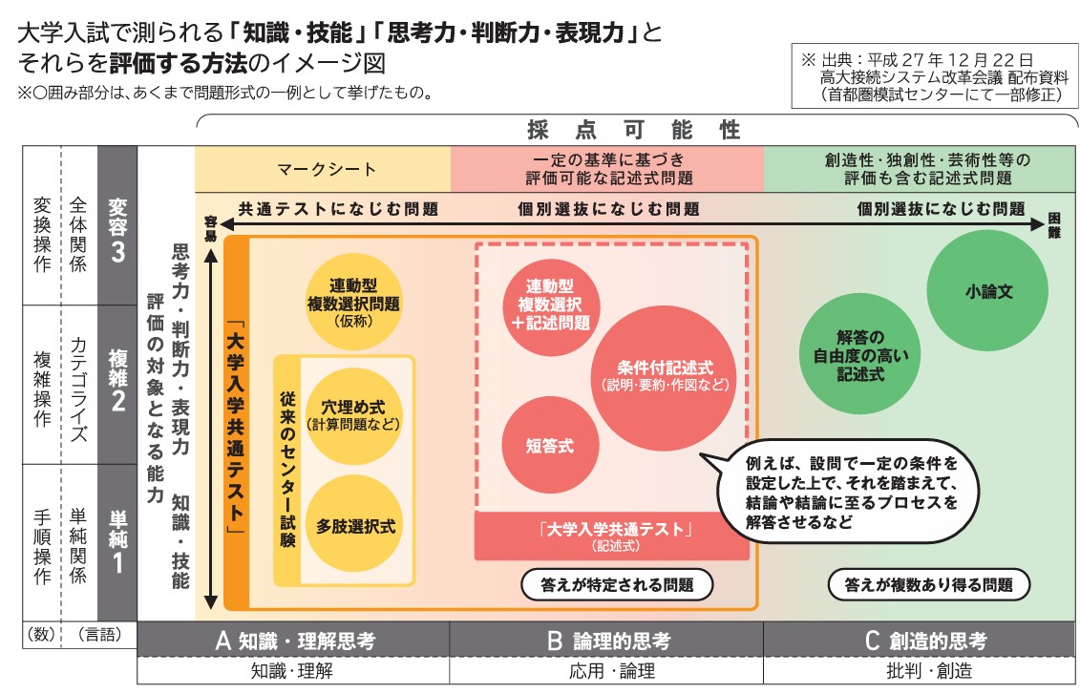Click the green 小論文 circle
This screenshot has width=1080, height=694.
pyautogui.click(x=987, y=291)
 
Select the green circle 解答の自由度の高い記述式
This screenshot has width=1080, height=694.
pyautogui.click(x=859, y=354)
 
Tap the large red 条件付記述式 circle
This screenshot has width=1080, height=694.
pyautogui.click(x=665, y=378)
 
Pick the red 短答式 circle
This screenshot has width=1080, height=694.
pyautogui.click(x=550, y=446)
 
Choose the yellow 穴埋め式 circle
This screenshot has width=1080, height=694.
pyautogui.click(x=354, y=415)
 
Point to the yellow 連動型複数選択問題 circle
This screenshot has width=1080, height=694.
pyautogui.click(x=354, y=302)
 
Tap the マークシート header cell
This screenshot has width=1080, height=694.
pyautogui.click(x=323, y=169)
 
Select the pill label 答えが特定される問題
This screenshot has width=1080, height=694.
pyautogui.click(x=617, y=585)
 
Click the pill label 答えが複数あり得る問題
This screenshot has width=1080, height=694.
pyautogui.click(x=928, y=585)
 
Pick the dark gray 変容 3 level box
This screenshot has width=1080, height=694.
pyautogui.click(x=117, y=226)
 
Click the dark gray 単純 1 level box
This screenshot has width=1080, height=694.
pyautogui.click(x=117, y=543)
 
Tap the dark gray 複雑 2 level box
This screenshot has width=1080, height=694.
pyautogui.click(x=117, y=385)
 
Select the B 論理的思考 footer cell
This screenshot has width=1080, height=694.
pyautogui.click(x=606, y=641)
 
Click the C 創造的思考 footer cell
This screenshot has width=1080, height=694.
pyautogui.click(x=920, y=641)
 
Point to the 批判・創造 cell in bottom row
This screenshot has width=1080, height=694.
pyautogui.click(x=920, y=670)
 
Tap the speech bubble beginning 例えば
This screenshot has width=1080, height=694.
pyautogui.click(x=845, y=492)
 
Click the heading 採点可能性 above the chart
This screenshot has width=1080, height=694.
pyautogui.click(x=634, y=130)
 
